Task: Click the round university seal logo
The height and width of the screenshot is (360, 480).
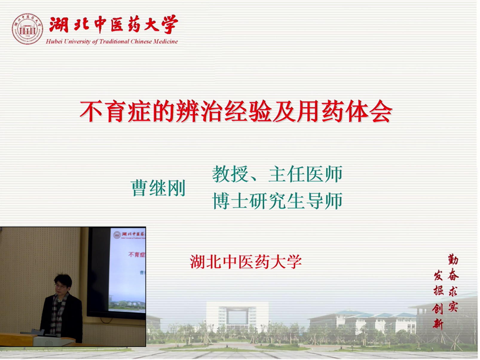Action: click(27, 29)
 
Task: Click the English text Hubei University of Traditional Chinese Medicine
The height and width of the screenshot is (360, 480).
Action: click(112, 42)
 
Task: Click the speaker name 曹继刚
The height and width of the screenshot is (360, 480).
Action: click(158, 188)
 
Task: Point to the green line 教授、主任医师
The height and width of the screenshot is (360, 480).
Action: click(277, 174)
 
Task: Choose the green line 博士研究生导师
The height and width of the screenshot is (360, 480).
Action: click(277, 201)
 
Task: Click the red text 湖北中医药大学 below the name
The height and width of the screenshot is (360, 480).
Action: click(246, 262)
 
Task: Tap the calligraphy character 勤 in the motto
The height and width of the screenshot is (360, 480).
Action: click(453, 259)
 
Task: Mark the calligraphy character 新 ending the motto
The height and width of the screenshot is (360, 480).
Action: click(438, 324)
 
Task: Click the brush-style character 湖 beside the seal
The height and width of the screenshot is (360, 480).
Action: click(59, 25)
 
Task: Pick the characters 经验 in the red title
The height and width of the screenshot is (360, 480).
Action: click(248, 111)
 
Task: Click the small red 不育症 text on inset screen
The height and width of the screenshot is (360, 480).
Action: click(137, 254)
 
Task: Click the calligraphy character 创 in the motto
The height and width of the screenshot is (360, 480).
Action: click(438, 309)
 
